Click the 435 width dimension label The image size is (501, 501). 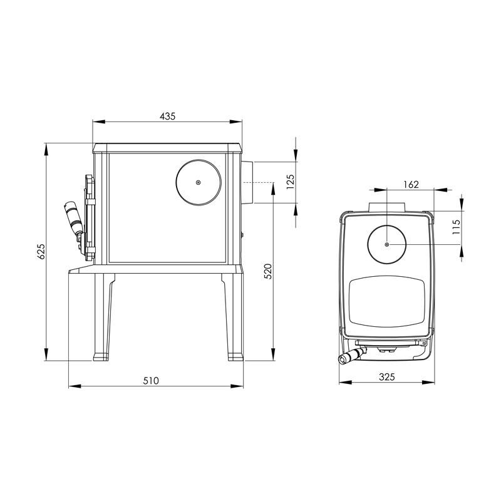(x=167, y=116)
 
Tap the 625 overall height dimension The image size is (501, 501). (x=41, y=252)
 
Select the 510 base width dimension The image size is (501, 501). (x=151, y=381)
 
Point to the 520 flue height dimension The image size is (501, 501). (x=268, y=271)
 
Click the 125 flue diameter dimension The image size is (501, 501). (x=291, y=182)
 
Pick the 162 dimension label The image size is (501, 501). (x=411, y=184)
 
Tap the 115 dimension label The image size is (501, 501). (x=457, y=227)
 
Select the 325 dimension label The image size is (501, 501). (x=387, y=377)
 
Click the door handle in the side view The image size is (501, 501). (x=73, y=218)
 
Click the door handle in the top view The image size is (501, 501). (x=351, y=356)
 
